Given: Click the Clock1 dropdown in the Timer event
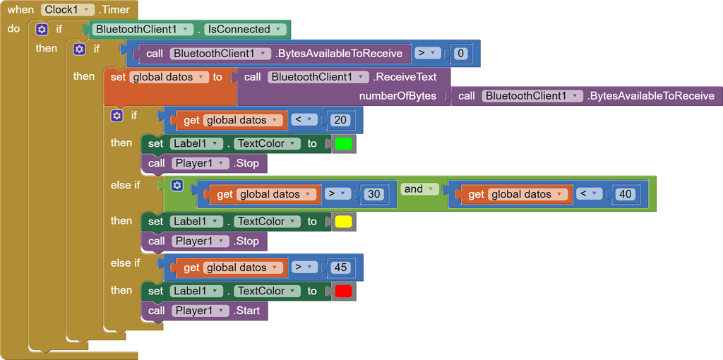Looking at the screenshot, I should coord(68,10).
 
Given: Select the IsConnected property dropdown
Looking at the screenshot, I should coord(246,30).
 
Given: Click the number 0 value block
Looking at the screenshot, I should coord(461,53).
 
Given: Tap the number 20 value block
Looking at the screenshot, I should coord(340,120).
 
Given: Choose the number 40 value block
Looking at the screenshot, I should coord(625,194).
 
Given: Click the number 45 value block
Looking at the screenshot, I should coord(341,268).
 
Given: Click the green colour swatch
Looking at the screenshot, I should coord(343,144).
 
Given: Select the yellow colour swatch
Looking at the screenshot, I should coord(343,222).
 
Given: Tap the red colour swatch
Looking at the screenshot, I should coord(343,292).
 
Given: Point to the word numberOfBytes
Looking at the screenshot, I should coord(398,96).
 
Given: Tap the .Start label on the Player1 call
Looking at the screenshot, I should coord(247,311).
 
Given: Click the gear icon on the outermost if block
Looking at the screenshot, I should coord(42,30).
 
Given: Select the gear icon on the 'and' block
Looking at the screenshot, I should coord(177,186).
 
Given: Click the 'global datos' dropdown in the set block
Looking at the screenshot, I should coord(170,77).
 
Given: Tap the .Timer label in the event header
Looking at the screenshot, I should coord(114,10).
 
